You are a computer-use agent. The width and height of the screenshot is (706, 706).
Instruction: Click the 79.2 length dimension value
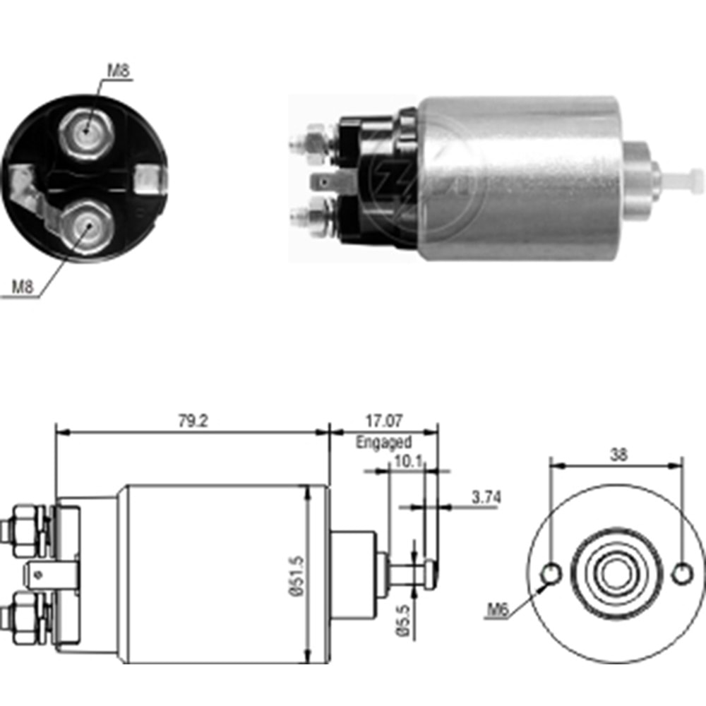[191, 421]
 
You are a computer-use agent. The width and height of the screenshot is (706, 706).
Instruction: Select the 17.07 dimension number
[383, 421]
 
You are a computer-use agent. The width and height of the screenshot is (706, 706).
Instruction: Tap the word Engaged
[383, 443]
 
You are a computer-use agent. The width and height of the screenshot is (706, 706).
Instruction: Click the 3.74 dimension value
[486, 497]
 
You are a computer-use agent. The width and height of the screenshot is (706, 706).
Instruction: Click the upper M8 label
[119, 71]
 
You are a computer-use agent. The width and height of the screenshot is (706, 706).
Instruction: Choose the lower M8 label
[23, 287]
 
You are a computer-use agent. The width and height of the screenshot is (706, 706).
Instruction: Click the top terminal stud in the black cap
[85, 129]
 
